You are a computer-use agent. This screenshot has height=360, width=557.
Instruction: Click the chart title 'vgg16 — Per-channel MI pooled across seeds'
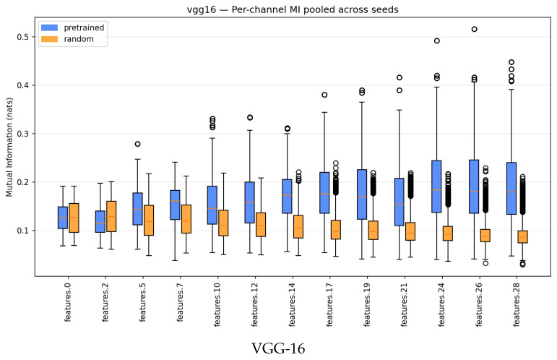point(293,9)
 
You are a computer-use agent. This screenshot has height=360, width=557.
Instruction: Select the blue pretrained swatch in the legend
point(49,27)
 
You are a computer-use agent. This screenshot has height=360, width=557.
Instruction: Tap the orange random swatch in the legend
point(49,39)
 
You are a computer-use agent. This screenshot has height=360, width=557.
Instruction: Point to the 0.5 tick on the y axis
point(23,37)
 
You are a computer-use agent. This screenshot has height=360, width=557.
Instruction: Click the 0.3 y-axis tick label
point(23,134)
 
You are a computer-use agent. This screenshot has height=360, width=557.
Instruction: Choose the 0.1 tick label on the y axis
point(23,231)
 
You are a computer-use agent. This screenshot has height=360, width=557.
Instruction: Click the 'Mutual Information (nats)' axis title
point(9,147)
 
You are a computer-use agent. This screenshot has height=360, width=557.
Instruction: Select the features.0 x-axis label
point(68,302)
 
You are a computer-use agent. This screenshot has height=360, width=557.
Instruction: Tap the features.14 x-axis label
point(293,304)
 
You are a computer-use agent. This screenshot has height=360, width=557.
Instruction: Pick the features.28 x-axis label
point(517,304)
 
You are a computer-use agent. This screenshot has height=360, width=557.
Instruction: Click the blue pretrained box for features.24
point(436,187)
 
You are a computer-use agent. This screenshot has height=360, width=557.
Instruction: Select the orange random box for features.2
point(111,216)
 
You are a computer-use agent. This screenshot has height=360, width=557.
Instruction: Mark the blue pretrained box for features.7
point(175,205)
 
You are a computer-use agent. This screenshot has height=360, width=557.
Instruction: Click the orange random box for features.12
point(261,225)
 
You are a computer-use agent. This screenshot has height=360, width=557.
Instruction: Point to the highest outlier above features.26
point(474,29)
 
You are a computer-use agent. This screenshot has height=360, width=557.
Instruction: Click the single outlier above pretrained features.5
point(137,144)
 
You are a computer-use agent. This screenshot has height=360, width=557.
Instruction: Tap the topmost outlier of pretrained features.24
point(437,41)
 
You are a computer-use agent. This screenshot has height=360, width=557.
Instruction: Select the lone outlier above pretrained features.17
point(324,95)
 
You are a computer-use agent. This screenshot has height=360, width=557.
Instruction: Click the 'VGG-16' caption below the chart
point(279,348)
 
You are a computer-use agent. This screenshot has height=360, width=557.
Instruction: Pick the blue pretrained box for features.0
point(63,218)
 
